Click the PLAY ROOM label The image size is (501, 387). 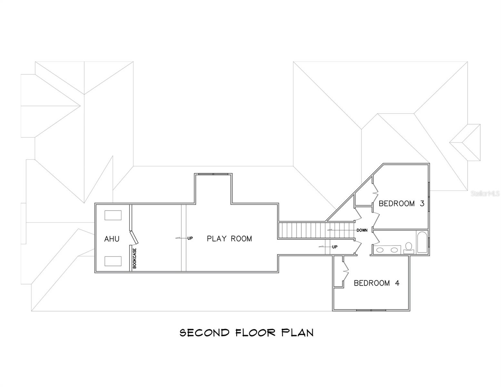(229, 239)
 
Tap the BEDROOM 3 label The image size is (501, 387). (401, 203)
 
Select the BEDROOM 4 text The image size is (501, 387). (376, 283)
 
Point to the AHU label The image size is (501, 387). (112, 239)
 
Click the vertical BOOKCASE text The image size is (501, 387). (135, 258)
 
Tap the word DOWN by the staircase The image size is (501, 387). (362, 230)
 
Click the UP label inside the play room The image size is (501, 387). (190, 238)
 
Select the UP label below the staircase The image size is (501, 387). (335, 247)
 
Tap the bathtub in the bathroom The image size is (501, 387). (422, 242)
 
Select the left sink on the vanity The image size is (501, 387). (380, 250)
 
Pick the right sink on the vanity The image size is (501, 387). (394, 250)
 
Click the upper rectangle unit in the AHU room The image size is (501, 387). (113, 215)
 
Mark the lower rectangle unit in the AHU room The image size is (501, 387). (113, 261)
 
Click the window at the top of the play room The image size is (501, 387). (213, 174)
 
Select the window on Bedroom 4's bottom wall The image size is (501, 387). (371, 310)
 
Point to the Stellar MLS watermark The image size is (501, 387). (485, 193)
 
